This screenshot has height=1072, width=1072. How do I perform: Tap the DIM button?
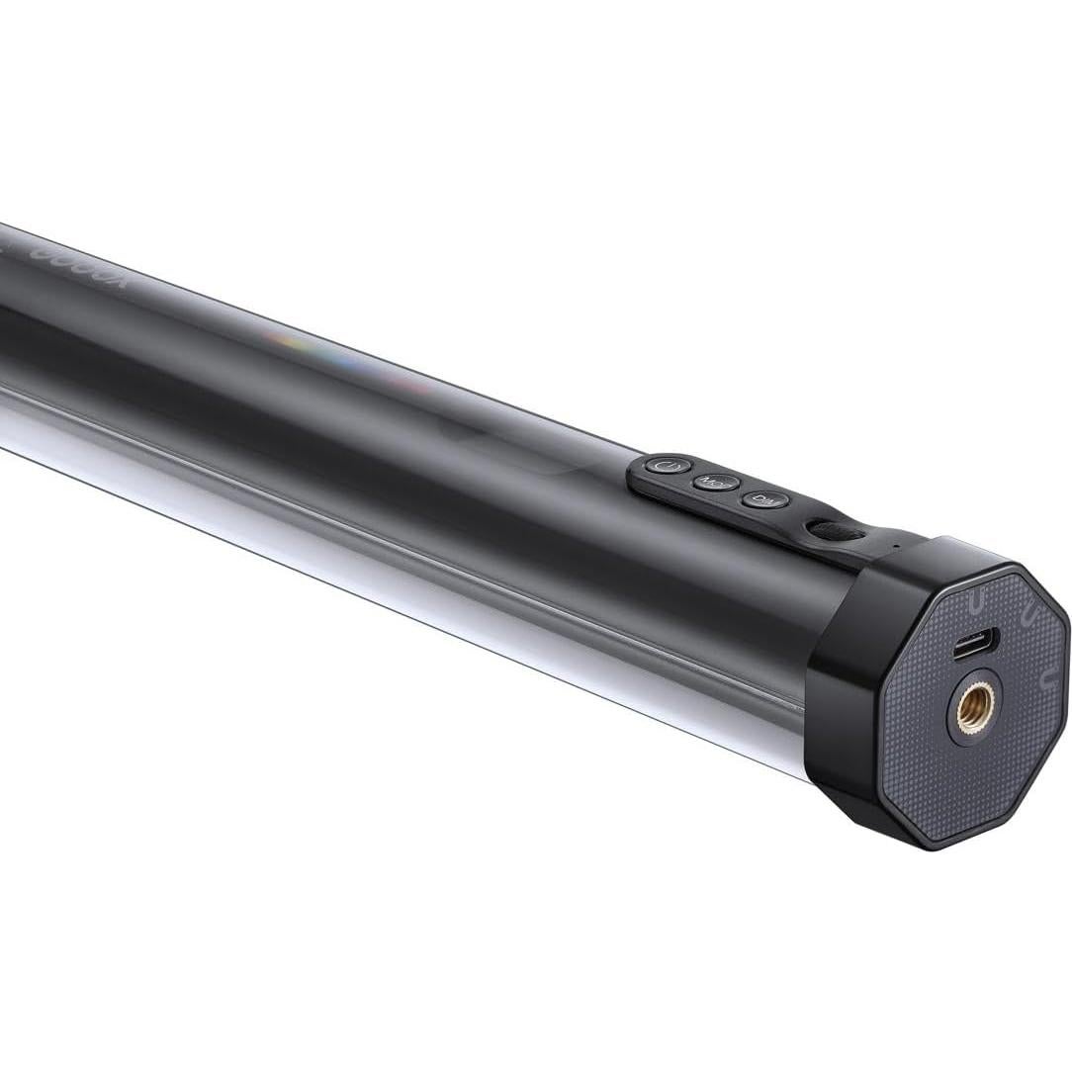coord(761,500)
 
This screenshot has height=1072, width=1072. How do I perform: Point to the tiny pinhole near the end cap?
coord(896,545)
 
